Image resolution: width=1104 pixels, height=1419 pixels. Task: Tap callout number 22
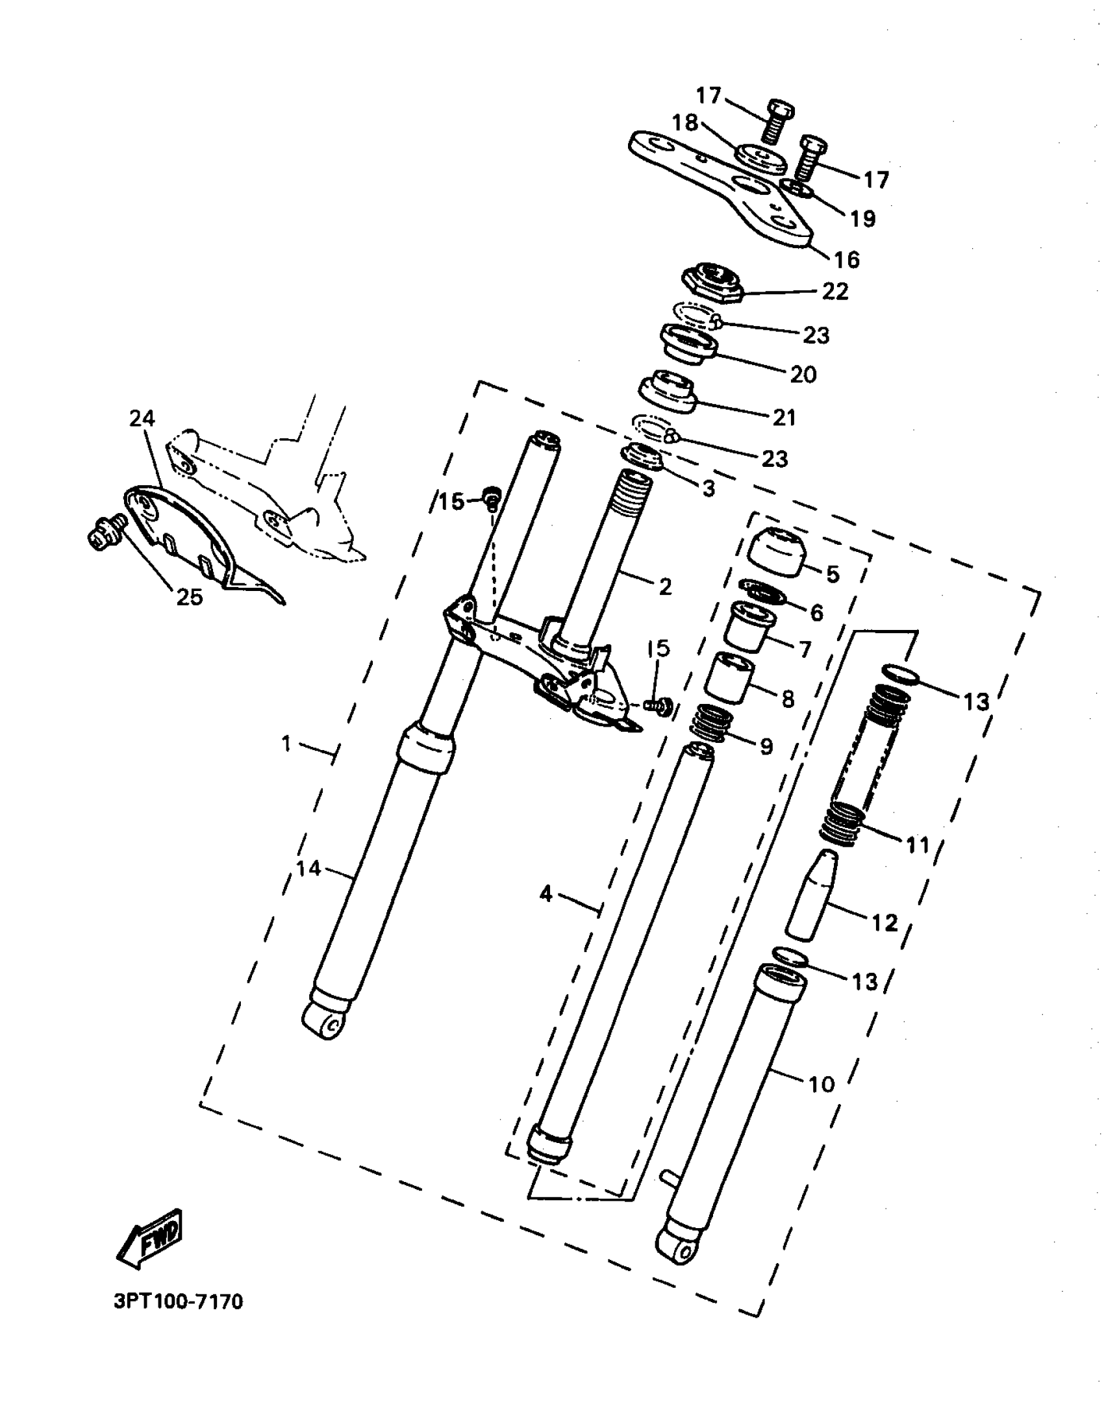pyautogui.click(x=835, y=292)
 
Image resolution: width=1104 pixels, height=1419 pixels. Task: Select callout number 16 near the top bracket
pyautogui.click(x=847, y=260)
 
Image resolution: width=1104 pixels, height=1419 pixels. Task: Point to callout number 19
pyautogui.click(x=863, y=219)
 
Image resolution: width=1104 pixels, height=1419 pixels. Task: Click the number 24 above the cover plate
pyautogui.click(x=142, y=419)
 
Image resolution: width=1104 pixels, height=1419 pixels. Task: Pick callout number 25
pyautogui.click(x=189, y=597)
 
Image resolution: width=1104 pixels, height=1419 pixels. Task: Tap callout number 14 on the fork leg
pyautogui.click(x=308, y=868)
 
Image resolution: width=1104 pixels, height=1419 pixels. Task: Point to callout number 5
pyautogui.click(x=833, y=573)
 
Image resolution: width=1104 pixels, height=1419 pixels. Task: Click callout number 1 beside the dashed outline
pyautogui.click(x=286, y=744)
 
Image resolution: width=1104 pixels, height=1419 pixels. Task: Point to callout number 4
pyautogui.click(x=546, y=894)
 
